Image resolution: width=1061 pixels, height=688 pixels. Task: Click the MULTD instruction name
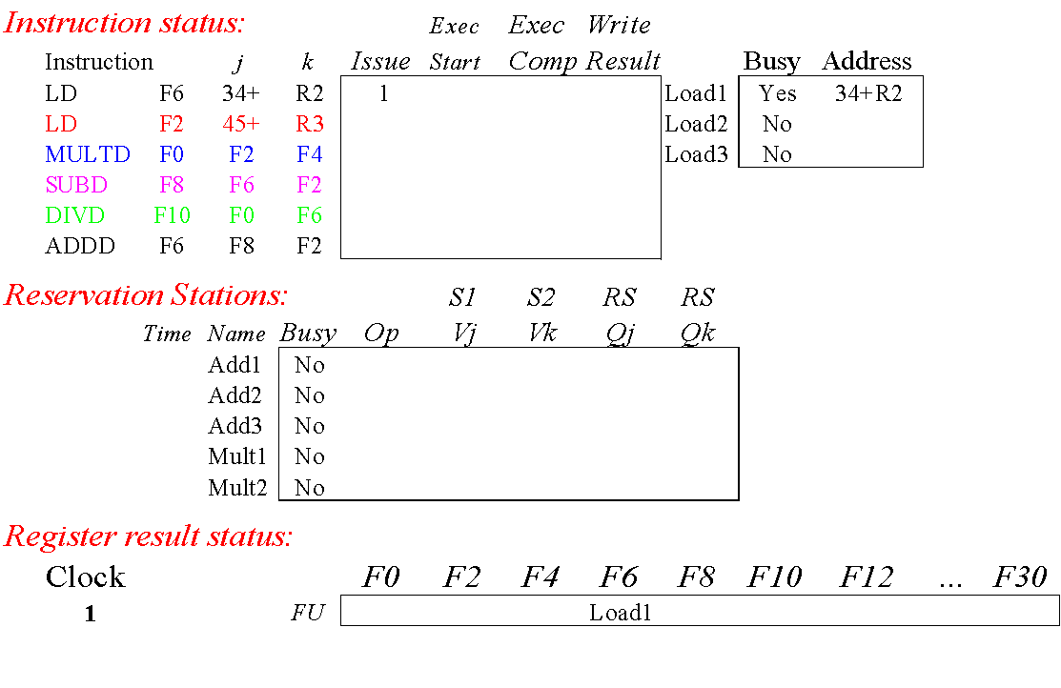[88, 154]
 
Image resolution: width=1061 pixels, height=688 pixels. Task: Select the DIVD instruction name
[75, 215]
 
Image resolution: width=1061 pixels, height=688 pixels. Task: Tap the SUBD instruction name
[76, 185]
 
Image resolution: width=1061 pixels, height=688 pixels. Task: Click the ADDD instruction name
[80, 246]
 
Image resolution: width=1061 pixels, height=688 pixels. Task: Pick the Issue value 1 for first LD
[383, 93]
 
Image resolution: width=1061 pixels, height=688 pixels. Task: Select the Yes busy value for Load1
[778, 93]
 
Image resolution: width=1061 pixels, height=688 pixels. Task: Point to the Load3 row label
[696, 154]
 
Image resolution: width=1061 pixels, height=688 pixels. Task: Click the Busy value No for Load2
[778, 124]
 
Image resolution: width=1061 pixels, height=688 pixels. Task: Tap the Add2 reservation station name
[235, 395]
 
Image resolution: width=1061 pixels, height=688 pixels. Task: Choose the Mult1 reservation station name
[237, 456]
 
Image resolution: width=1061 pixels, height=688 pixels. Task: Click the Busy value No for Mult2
[310, 488]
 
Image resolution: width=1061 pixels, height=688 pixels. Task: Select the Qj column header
[620, 334]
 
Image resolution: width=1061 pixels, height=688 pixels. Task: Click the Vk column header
[541, 334]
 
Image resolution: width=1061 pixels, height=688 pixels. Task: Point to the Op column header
[381, 334]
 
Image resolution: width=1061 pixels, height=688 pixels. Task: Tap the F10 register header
[774, 577]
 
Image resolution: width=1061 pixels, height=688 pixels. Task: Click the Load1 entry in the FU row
[620, 612]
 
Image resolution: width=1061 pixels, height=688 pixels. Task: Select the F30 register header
[1020, 577]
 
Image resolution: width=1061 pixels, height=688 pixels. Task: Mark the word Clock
[86, 577]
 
